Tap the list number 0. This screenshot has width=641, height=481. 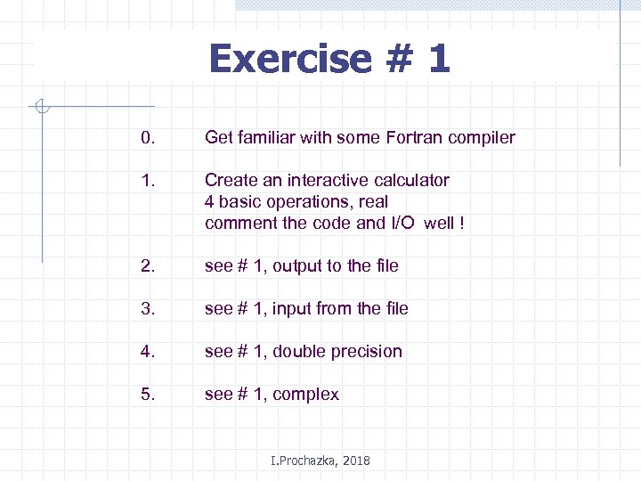(x=147, y=137)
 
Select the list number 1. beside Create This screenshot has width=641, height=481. (x=147, y=180)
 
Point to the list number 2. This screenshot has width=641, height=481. (x=147, y=265)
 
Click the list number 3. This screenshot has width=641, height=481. (x=147, y=308)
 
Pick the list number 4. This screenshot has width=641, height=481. (x=147, y=351)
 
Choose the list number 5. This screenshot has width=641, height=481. (x=147, y=394)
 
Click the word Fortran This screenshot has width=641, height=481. (x=418, y=137)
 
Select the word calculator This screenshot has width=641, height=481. (x=409, y=180)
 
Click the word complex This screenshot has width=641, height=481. (x=305, y=395)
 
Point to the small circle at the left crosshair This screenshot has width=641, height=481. (x=42, y=109)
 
